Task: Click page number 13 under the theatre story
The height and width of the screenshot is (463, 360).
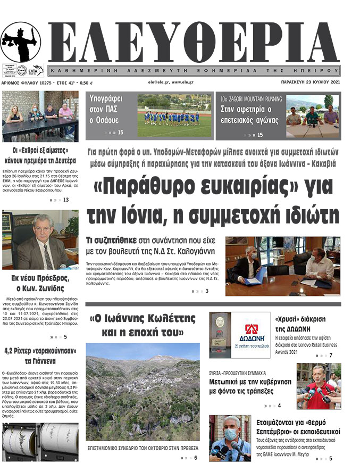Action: tap(66, 200)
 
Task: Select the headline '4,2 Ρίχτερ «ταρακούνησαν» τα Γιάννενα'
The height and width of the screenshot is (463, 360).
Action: tap(40, 355)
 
